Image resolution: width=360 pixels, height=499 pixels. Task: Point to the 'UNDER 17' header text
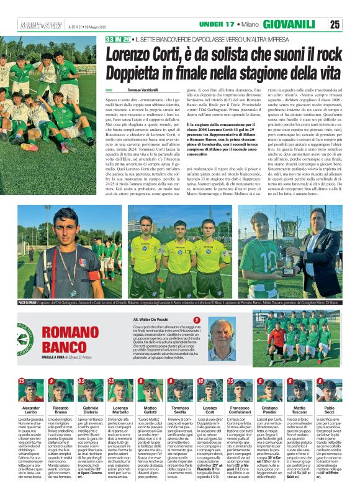tap(219, 24)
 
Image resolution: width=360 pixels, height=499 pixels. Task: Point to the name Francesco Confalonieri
tap(240, 411)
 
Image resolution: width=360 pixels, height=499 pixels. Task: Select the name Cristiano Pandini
tap(269, 411)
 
